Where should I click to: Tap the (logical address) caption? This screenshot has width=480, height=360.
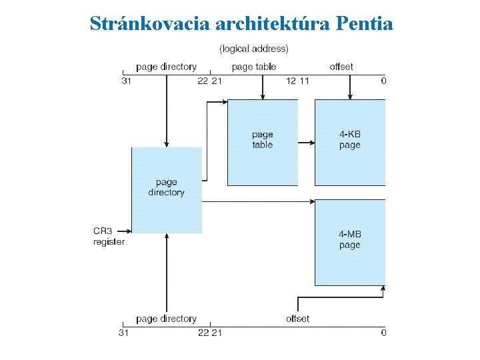coord(254,49)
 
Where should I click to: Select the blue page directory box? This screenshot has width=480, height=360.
coord(167,190)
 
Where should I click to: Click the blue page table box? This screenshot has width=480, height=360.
coord(263,142)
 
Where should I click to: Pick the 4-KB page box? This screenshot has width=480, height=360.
coord(349,142)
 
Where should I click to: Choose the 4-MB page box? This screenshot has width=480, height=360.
coord(349,242)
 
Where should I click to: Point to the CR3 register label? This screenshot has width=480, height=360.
coord(108,237)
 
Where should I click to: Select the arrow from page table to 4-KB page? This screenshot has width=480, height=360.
coord(306,142)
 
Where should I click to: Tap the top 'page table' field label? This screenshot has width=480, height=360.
coord(253,67)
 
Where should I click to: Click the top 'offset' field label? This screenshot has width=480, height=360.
coord(341,67)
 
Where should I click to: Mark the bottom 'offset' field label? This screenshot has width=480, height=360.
coord(297,319)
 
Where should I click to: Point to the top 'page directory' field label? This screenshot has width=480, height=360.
coord(166,67)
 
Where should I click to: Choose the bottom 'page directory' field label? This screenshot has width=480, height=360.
coord(166,319)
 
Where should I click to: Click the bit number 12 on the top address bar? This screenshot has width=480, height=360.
coord(291,81)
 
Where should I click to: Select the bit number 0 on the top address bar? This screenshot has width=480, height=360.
coord(383,81)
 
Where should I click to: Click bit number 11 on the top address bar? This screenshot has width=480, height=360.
coord(303,81)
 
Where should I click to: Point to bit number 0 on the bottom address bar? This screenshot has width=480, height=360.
coord(383,333)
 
